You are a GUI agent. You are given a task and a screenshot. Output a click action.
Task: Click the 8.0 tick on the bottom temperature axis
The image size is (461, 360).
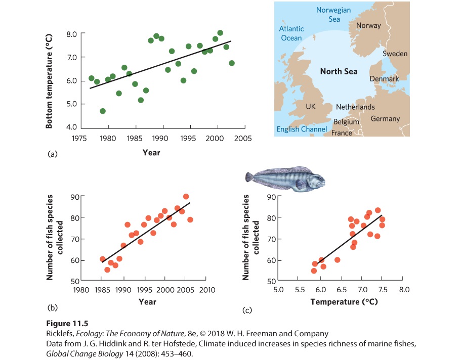71,34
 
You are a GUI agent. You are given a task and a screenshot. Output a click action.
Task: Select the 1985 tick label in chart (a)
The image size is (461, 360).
135,138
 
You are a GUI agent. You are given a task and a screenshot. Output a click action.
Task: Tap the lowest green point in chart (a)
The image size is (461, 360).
103,111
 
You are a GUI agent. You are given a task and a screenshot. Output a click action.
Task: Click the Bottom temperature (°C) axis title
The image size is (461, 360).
49,81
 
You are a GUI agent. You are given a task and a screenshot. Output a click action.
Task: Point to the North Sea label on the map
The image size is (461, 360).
339,71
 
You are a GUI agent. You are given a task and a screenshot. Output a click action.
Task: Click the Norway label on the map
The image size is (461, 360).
368,26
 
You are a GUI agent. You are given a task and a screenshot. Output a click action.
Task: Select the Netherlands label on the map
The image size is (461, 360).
355,107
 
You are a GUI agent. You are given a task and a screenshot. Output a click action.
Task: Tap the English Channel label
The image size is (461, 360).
302,129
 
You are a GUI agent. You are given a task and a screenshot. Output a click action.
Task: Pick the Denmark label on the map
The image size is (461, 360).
384,79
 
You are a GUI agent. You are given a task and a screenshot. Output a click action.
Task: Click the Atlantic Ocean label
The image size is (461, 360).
291,33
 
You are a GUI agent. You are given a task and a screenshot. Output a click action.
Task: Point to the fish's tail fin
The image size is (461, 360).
249,177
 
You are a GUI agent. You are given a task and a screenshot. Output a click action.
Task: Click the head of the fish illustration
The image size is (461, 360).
317,180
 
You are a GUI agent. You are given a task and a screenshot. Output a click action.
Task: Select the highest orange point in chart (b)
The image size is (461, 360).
186,197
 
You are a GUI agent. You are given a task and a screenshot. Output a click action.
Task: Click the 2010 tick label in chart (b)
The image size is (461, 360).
207,290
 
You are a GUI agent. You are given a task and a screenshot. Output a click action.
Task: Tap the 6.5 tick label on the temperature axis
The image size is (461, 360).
342,290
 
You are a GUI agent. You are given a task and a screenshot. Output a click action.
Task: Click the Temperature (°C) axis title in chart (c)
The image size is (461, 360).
344,302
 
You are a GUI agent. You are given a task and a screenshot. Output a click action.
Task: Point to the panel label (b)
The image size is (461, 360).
52,308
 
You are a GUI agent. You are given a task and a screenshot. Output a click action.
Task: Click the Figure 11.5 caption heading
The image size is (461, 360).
67,324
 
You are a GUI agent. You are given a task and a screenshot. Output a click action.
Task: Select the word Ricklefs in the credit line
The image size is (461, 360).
60,334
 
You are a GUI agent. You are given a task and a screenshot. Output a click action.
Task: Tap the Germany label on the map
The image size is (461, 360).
385,119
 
